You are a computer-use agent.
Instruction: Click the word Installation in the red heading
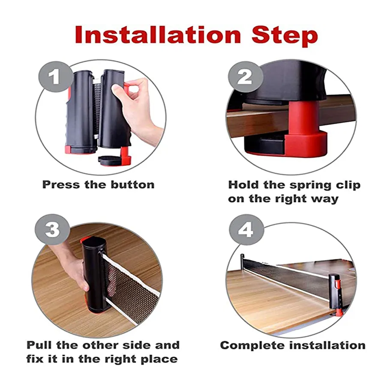(x=158, y=35)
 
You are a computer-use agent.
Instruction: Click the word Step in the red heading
(x=285, y=36)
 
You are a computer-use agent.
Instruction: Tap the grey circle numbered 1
(x=54, y=77)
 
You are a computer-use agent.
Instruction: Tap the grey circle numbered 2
(x=246, y=77)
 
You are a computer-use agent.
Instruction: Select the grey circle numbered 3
(x=52, y=230)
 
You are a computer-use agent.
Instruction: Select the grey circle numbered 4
(x=246, y=230)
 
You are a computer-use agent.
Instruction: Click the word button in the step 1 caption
(x=133, y=185)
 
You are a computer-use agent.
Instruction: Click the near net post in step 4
(x=335, y=296)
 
